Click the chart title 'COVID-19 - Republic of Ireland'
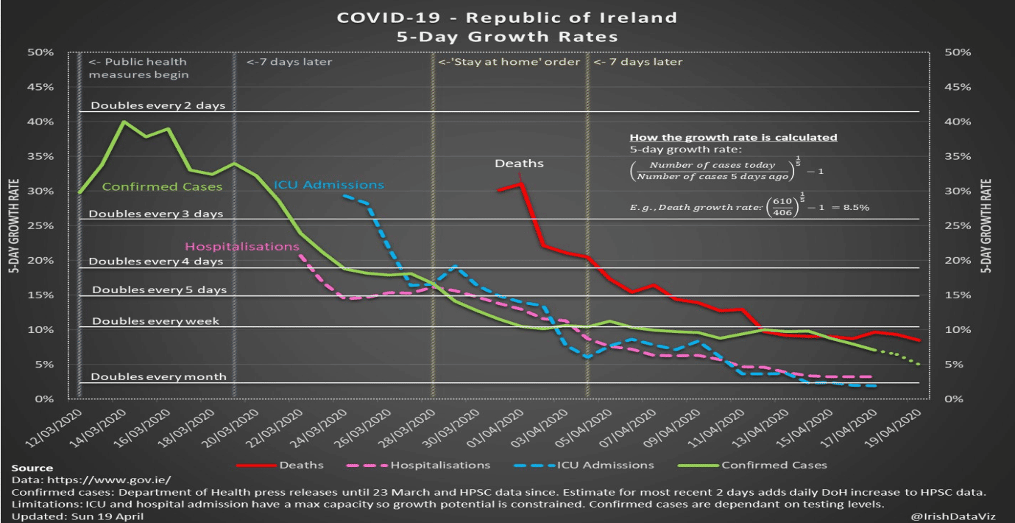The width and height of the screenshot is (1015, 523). [x=506, y=17]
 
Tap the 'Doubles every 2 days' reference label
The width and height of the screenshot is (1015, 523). [x=158, y=105]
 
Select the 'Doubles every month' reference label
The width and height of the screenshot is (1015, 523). [x=158, y=376]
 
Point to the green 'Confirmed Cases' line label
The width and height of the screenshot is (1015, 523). [x=162, y=187]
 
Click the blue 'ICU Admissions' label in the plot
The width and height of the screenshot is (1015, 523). [x=328, y=185]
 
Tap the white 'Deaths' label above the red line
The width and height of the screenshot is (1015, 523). [x=519, y=163]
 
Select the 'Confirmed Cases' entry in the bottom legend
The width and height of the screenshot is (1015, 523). [x=774, y=465]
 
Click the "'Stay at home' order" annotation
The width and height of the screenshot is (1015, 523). [x=509, y=62]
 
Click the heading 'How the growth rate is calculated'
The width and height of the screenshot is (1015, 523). [x=733, y=138]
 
